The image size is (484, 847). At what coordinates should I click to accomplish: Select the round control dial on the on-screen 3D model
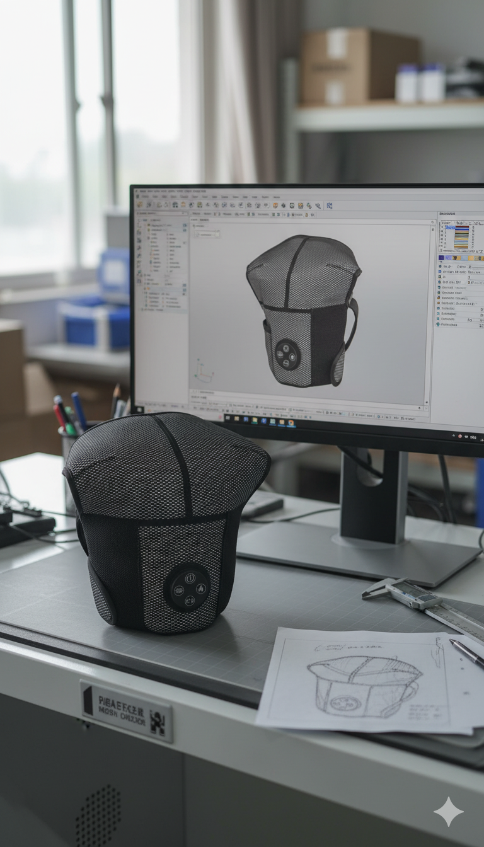(x=287, y=354)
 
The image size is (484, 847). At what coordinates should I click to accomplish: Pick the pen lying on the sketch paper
(x=467, y=654)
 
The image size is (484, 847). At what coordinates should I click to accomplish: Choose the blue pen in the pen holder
(x=79, y=410)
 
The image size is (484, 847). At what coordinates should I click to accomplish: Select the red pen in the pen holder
(x=60, y=416)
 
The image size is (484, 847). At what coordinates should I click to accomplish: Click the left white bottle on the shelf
(x=407, y=83)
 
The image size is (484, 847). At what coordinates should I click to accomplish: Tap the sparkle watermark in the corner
(x=448, y=811)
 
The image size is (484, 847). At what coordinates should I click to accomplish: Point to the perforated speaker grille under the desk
(x=98, y=816)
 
